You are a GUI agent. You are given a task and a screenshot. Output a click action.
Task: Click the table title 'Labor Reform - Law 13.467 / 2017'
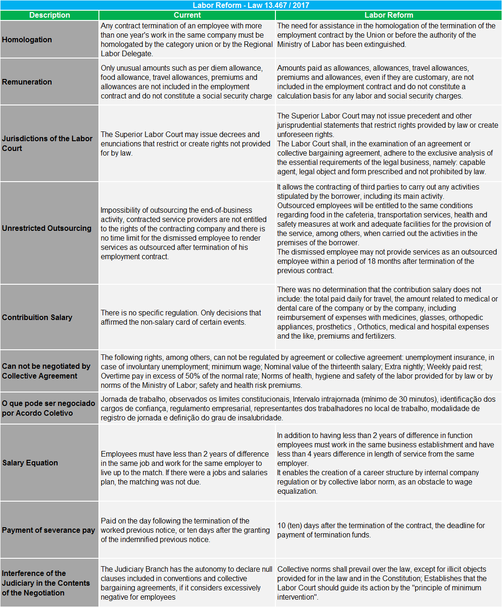(251, 5)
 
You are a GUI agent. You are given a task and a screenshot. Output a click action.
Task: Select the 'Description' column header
(49, 15)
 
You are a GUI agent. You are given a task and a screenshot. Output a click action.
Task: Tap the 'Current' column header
(187, 15)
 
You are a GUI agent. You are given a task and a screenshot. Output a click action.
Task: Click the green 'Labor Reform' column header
(389, 15)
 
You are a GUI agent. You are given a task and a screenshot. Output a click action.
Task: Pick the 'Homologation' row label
(27, 39)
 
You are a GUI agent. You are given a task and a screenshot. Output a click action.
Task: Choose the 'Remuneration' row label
(27, 82)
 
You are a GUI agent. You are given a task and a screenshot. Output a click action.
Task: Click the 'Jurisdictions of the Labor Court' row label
(47, 143)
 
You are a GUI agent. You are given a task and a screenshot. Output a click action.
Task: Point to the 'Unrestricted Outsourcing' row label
(46, 228)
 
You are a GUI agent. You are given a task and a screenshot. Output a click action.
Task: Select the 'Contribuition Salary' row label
(37, 317)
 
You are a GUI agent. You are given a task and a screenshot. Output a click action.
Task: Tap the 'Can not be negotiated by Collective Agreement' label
(46, 371)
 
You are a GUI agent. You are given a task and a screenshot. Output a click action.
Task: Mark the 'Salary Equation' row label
(30, 463)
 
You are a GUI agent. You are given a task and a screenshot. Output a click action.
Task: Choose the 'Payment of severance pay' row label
(48, 530)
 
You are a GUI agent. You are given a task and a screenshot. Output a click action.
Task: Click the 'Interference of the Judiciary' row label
(46, 583)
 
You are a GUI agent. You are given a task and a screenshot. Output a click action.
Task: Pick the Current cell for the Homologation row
(187, 39)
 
